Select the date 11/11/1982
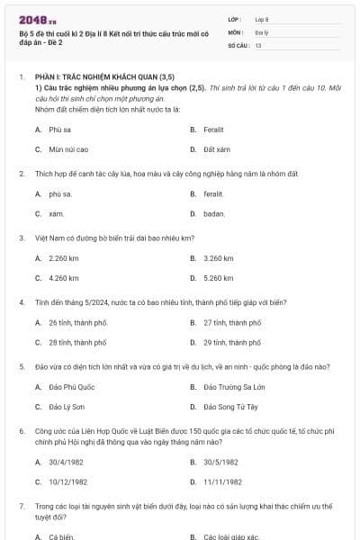coord(220,481)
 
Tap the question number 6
coord(21,432)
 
